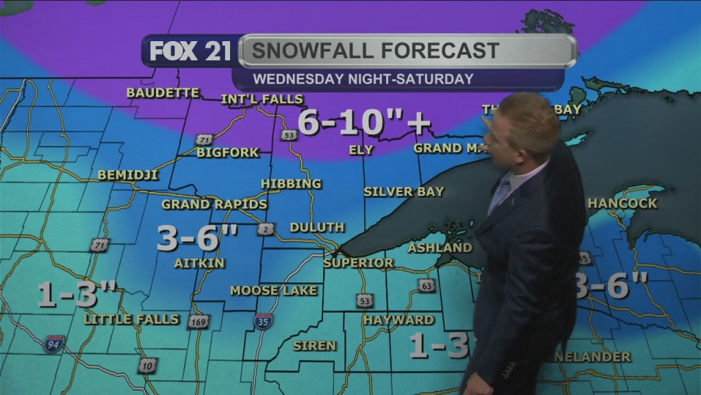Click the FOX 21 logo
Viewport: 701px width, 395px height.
pos(190,51)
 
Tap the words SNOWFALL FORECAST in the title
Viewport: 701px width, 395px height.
pos(374,51)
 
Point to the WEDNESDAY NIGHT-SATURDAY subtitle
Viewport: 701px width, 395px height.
pos(363,79)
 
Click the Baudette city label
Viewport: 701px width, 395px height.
pos(163,93)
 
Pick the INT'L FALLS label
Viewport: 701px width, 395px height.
pos(262,99)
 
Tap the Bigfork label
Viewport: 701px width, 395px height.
pos(227,152)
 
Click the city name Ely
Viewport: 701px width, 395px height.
pos(361,149)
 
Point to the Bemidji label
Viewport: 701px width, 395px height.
pos(128,175)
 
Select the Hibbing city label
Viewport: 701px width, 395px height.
pos(291,184)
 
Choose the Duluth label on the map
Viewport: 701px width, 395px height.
pos(317,227)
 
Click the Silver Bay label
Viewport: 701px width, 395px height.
pos(404,191)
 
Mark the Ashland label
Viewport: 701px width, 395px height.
pos(440,248)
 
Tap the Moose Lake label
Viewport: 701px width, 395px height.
pos(274,291)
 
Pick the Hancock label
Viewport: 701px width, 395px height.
pos(622,203)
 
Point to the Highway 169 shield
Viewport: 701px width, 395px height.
pos(198,321)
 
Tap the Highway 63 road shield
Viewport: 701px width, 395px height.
pos(427,285)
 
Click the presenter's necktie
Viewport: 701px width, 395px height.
pos(501,194)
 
